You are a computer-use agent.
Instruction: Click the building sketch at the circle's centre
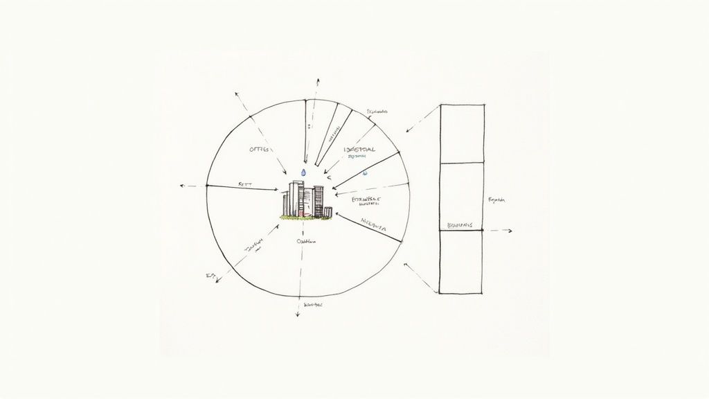coord(303,199)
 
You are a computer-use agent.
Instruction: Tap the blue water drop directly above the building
coord(303,172)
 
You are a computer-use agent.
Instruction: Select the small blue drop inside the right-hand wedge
coord(365,172)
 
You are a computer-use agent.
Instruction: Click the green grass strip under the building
coord(305,218)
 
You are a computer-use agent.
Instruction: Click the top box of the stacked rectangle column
coord(461,134)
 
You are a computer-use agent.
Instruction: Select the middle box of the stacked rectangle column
coord(461,197)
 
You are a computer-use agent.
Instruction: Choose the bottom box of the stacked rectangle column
coord(461,262)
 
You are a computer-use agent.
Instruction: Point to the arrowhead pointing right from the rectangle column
coord(510,231)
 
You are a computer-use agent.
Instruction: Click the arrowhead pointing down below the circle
coord(297,314)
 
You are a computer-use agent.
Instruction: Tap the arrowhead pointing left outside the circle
coord(181,186)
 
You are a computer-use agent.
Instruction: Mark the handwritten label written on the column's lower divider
coord(460,226)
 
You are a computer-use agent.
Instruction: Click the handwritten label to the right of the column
coord(497,200)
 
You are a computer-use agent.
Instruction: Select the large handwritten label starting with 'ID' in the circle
coord(359,150)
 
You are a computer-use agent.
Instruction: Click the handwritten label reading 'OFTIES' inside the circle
coord(258,149)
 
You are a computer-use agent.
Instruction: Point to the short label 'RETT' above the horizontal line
coord(244,184)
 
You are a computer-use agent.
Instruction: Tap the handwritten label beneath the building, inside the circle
coord(305,242)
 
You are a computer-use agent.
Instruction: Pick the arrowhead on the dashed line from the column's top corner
coord(408,130)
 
